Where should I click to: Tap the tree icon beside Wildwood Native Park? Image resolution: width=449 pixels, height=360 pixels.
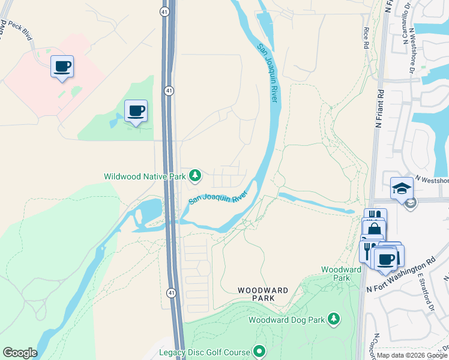tap(194, 176)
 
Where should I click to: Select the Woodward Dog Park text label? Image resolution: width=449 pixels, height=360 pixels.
tap(286, 320)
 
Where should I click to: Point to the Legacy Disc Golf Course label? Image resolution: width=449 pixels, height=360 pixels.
tap(205, 352)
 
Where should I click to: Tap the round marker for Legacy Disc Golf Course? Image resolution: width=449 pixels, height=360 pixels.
tap(259, 351)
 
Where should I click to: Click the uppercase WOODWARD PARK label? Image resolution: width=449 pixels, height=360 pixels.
tap(263, 294)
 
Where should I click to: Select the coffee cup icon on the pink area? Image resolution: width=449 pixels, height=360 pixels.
tap(62, 66)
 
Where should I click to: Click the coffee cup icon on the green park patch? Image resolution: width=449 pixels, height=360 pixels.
tap(136, 110)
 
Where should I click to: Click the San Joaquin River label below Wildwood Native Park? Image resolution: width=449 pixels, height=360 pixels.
tap(218, 197)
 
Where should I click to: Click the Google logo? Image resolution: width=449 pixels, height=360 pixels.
tap(20, 353)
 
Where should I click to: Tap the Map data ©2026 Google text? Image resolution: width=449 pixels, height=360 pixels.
tap(412, 355)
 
